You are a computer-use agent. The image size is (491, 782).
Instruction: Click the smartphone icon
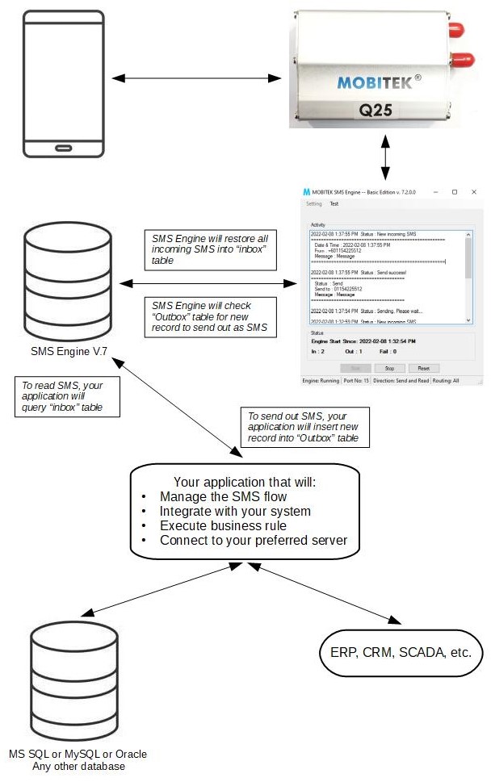pyautogui.click(x=64, y=83)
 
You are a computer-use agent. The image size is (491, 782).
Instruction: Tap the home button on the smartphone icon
pyautogui.click(x=64, y=148)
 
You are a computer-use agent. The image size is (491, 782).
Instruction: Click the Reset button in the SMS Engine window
pyautogui.click(x=424, y=368)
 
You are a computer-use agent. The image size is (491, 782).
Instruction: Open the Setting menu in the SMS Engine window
pyautogui.click(x=314, y=204)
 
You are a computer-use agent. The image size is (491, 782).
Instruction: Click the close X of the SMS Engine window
pyautogui.click(x=473, y=192)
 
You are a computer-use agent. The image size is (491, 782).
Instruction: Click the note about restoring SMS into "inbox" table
pyautogui.click(x=209, y=249)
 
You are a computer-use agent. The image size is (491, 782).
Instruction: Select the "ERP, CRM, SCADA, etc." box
pyautogui.click(x=401, y=652)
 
